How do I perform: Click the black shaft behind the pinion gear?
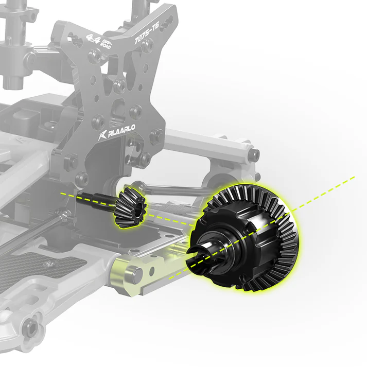(x=98, y=198)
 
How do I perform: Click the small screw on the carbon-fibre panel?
(x=50, y=264)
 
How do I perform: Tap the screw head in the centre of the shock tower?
(x=119, y=85)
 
